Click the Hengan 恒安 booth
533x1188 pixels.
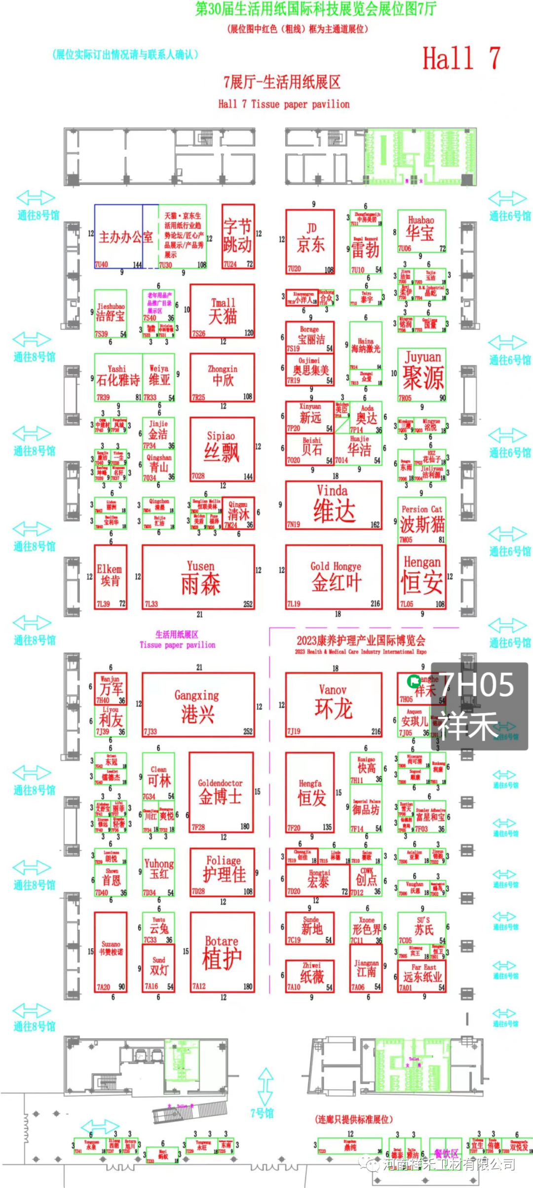coord(422,577)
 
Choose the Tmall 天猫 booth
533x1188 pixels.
coord(223,311)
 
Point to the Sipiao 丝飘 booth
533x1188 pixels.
coord(223,449)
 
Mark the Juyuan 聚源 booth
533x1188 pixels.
coord(422,375)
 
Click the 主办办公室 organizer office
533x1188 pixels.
coord(126,237)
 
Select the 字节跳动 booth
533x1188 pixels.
coord(238,237)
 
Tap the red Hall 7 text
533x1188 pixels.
coord(461,58)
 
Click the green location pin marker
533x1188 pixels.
coord(413,681)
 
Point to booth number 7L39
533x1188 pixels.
coord(103,604)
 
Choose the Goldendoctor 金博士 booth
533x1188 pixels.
coord(221,792)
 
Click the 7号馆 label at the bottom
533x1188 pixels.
coord(262,1113)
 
